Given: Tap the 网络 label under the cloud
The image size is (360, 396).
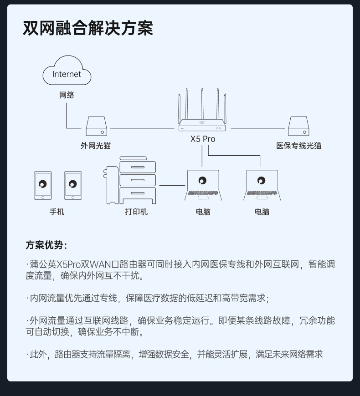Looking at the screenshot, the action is tap(67, 95).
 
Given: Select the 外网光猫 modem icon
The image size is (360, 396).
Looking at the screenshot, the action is tap(97, 126).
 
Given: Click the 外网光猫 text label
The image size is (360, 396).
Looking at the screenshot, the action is tap(96, 146).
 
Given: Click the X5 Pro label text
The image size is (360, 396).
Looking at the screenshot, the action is tap(202, 139).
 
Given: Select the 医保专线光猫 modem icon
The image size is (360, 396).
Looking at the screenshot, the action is tap(298, 126).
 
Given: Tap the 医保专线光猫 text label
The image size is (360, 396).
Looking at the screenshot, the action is tap(298, 146).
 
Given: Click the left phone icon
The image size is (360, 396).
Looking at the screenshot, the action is tap(43, 185).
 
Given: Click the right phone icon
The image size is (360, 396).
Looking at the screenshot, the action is tap(73, 185).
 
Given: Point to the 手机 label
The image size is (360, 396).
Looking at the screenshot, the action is tap(57, 212).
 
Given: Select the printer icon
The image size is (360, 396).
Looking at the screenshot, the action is tap(131, 181).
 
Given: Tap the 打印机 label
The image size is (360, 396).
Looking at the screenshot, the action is tap(136, 212).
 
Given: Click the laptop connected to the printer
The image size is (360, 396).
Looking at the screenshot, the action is tap(203, 185).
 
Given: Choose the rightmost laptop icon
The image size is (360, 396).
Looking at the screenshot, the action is tap(262, 185).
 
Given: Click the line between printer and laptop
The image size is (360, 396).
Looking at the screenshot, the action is tap(172, 185).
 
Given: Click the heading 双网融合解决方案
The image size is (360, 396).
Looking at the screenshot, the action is tap(88, 28).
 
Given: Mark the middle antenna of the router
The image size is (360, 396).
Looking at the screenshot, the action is tap(202, 104).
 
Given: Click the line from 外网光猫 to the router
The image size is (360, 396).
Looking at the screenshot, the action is tap(142, 128).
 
